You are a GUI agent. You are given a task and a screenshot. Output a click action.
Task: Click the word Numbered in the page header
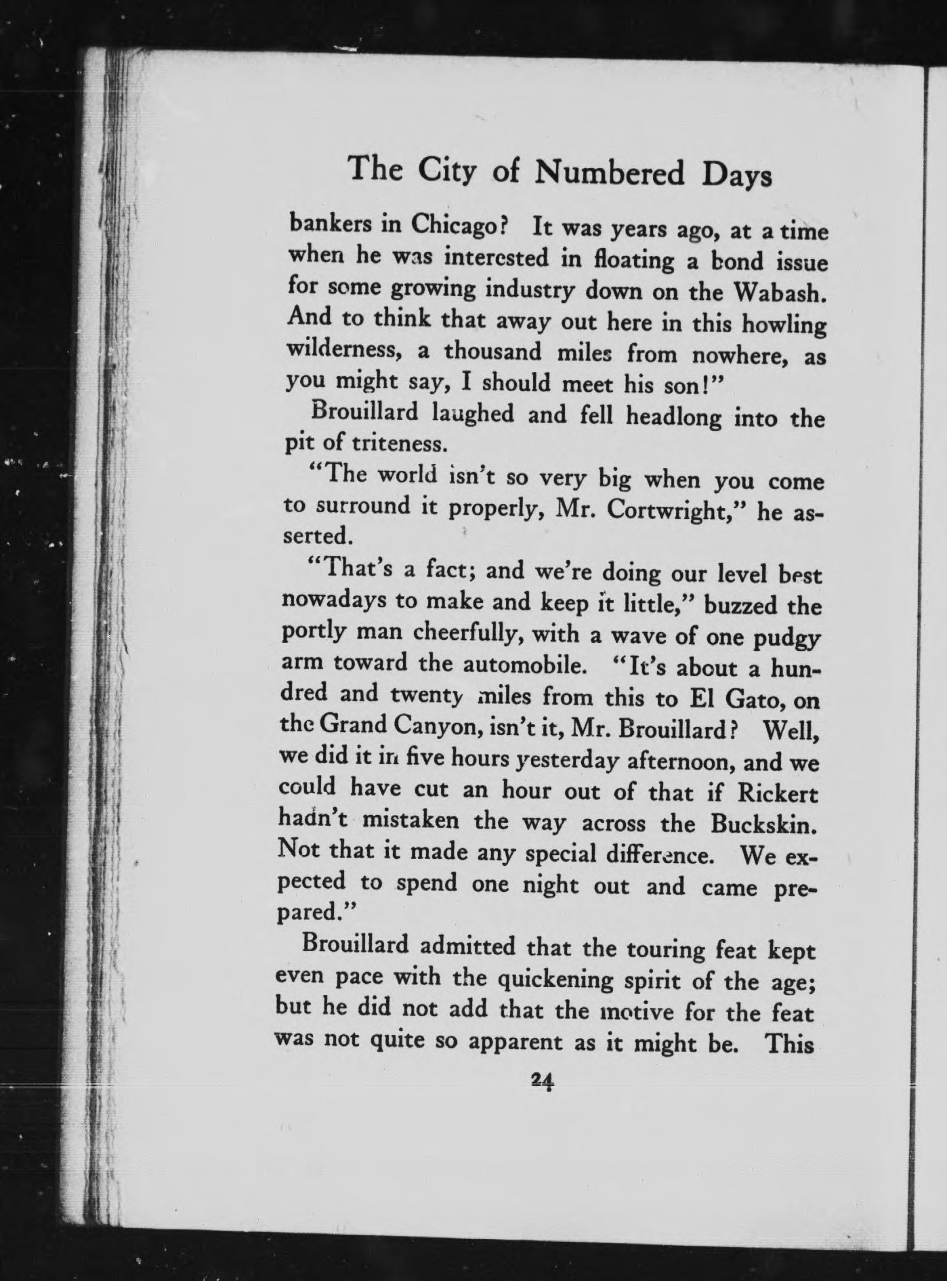tap(610, 173)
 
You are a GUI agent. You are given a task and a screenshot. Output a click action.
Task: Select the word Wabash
tap(780, 292)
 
